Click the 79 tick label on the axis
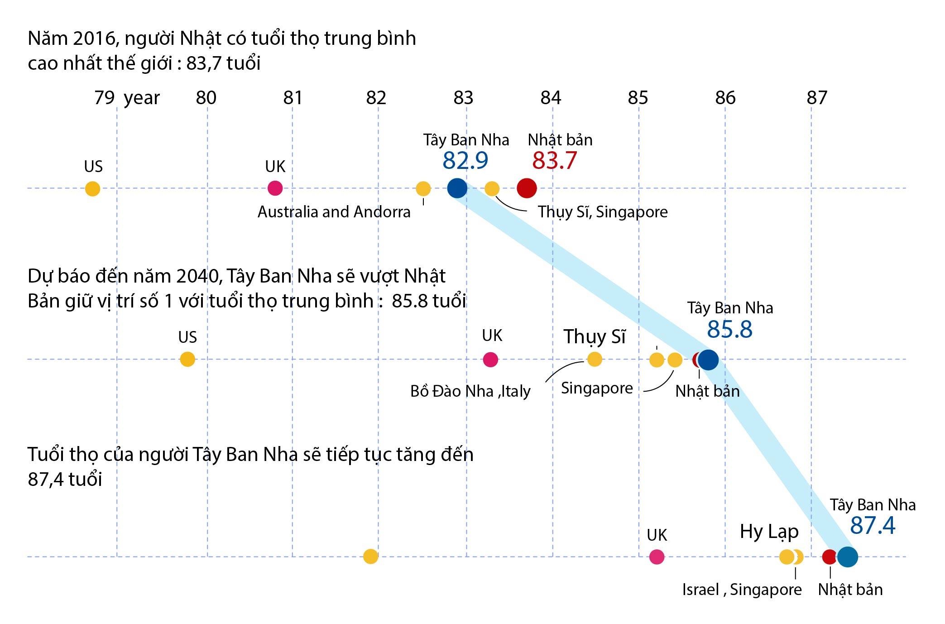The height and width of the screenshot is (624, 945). coord(104,98)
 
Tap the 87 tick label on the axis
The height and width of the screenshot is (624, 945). coord(817,98)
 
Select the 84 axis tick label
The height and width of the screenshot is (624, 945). coord(551,98)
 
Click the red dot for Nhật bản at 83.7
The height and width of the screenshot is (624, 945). coord(527,188)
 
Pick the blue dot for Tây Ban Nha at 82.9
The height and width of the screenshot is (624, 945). coord(457,188)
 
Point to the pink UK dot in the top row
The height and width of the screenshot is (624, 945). coord(275,188)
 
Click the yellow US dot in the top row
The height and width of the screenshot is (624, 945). coord(92,189)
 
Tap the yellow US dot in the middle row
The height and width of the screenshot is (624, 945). coord(187,360)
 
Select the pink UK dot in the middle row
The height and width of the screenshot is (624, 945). coord(490,360)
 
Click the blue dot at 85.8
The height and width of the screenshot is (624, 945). coord(708,360)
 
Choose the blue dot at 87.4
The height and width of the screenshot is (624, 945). coord(847,557)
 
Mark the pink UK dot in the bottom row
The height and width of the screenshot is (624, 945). coord(657,557)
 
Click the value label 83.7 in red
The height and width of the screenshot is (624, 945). coord(554,160)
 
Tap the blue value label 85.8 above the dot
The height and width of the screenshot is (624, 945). coord(729,329)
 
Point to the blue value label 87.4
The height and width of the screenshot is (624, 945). coord(872,526)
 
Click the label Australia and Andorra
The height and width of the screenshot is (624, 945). coord(334,212)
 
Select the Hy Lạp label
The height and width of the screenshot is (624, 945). coord(769,532)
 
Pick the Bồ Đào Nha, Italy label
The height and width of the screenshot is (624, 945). coord(470,391)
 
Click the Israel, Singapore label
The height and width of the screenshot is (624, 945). coord(742,590)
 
